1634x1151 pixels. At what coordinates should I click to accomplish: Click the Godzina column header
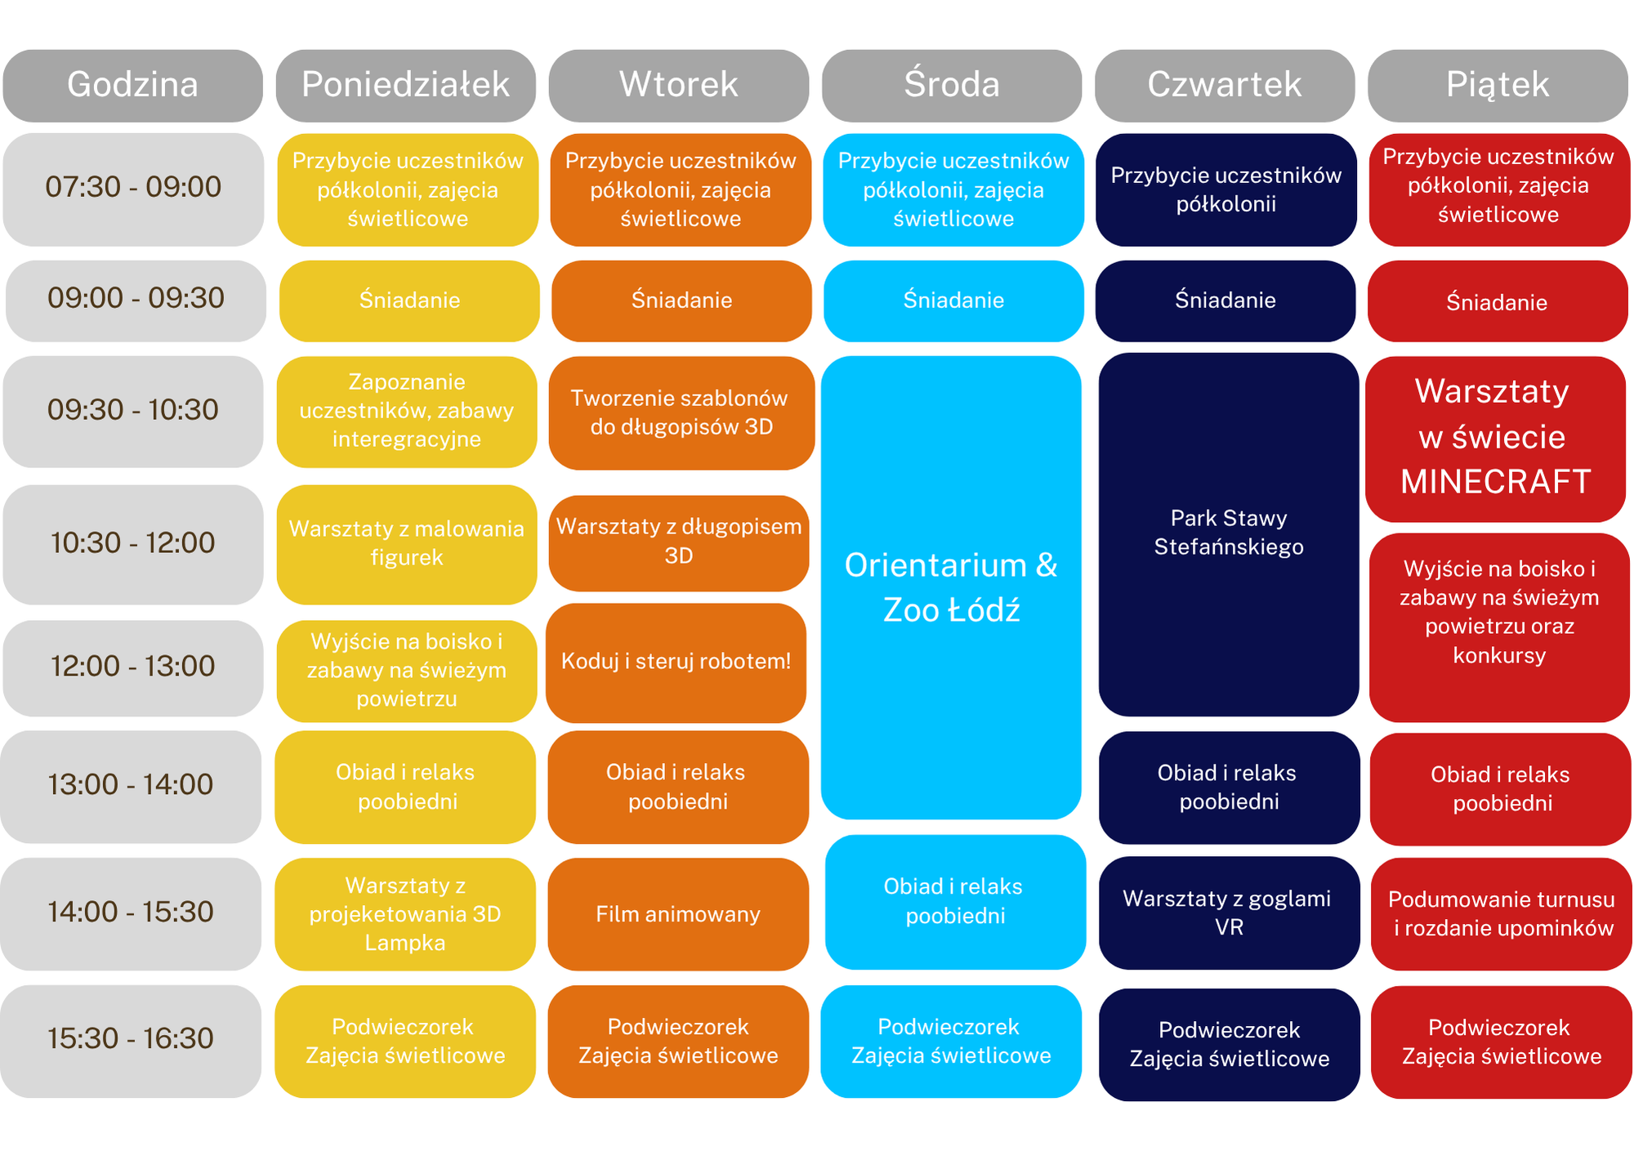click(132, 85)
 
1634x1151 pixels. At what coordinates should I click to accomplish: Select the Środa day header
click(952, 85)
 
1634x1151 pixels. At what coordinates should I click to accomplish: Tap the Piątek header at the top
click(1498, 85)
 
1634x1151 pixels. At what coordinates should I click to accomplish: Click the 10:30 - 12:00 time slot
click(132, 544)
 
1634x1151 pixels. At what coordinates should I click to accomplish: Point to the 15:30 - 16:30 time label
click(131, 1040)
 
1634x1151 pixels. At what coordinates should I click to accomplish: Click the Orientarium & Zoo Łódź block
click(951, 587)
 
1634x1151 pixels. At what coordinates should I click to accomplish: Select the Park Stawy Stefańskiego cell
click(1229, 534)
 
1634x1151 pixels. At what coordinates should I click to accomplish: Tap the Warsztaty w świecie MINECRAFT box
click(1496, 439)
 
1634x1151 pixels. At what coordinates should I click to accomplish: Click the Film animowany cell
click(678, 913)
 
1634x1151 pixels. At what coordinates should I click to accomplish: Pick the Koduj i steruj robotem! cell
click(676, 662)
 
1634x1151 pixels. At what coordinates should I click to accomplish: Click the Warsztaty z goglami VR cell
click(1229, 912)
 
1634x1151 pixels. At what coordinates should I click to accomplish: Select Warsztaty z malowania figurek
click(407, 544)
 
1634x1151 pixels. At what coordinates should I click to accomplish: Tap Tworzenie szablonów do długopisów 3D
click(681, 413)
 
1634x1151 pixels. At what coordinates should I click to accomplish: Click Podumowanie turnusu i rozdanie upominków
click(1501, 913)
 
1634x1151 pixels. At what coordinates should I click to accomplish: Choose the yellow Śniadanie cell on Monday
click(409, 301)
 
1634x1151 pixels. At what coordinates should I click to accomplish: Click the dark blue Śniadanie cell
click(1225, 301)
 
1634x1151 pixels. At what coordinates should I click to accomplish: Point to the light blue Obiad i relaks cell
click(955, 902)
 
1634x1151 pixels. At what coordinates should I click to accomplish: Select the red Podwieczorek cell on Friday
click(1501, 1042)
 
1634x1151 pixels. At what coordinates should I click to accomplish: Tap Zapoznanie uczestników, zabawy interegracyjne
click(407, 412)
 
